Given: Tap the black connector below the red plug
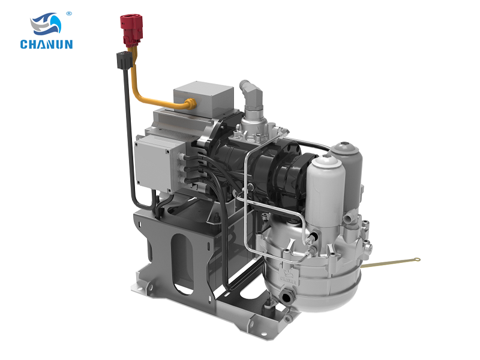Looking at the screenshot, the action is click(124, 61).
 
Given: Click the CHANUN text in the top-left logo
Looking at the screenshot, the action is click(47, 44).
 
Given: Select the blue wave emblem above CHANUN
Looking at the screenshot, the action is click(46, 23).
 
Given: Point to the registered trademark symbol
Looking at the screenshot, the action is click(69, 13).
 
